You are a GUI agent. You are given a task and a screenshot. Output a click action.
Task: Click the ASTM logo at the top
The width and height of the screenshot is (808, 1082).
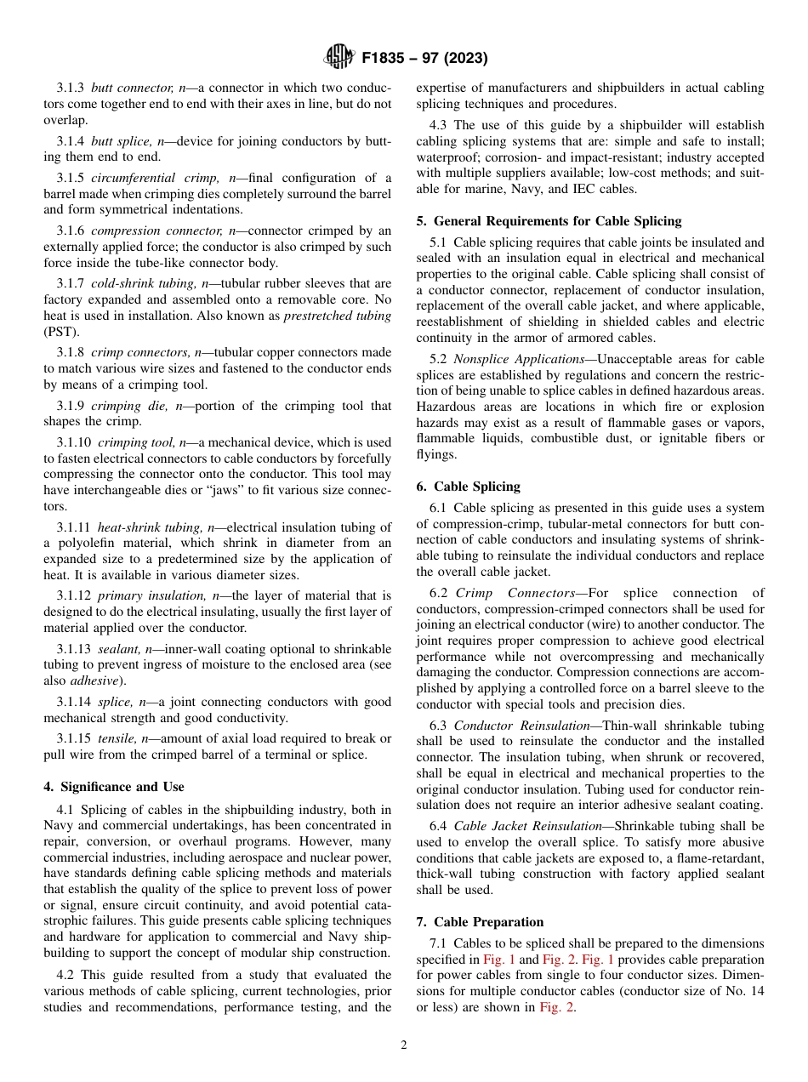tap(339, 58)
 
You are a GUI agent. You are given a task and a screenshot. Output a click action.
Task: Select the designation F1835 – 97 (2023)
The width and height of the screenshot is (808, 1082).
tap(424, 59)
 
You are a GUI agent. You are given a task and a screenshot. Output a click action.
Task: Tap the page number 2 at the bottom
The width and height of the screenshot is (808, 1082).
tap(404, 1045)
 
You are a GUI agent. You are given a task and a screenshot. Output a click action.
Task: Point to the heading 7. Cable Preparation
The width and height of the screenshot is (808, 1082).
tap(480, 922)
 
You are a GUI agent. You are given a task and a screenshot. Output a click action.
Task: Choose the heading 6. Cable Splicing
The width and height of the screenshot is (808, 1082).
tap(468, 487)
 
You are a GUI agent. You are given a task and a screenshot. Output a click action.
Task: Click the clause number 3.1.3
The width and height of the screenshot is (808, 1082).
tap(71, 88)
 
